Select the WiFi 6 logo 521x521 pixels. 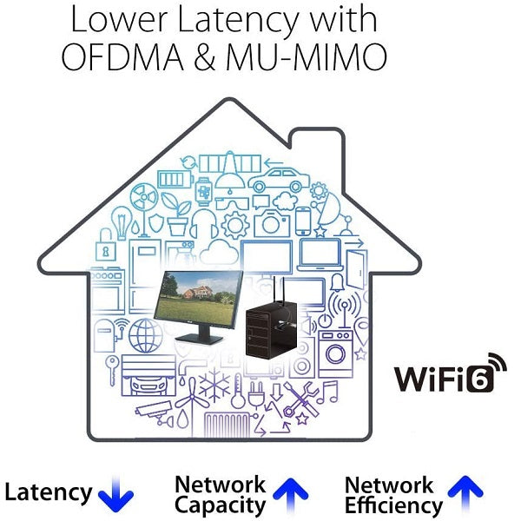pyautogui.click(x=450, y=376)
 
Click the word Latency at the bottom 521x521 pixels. pyautogui.click(x=48, y=493)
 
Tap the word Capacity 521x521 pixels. pyautogui.click(x=220, y=505)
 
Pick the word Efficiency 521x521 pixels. pyautogui.click(x=392, y=505)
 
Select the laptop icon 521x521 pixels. pyautogui.click(x=321, y=254)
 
